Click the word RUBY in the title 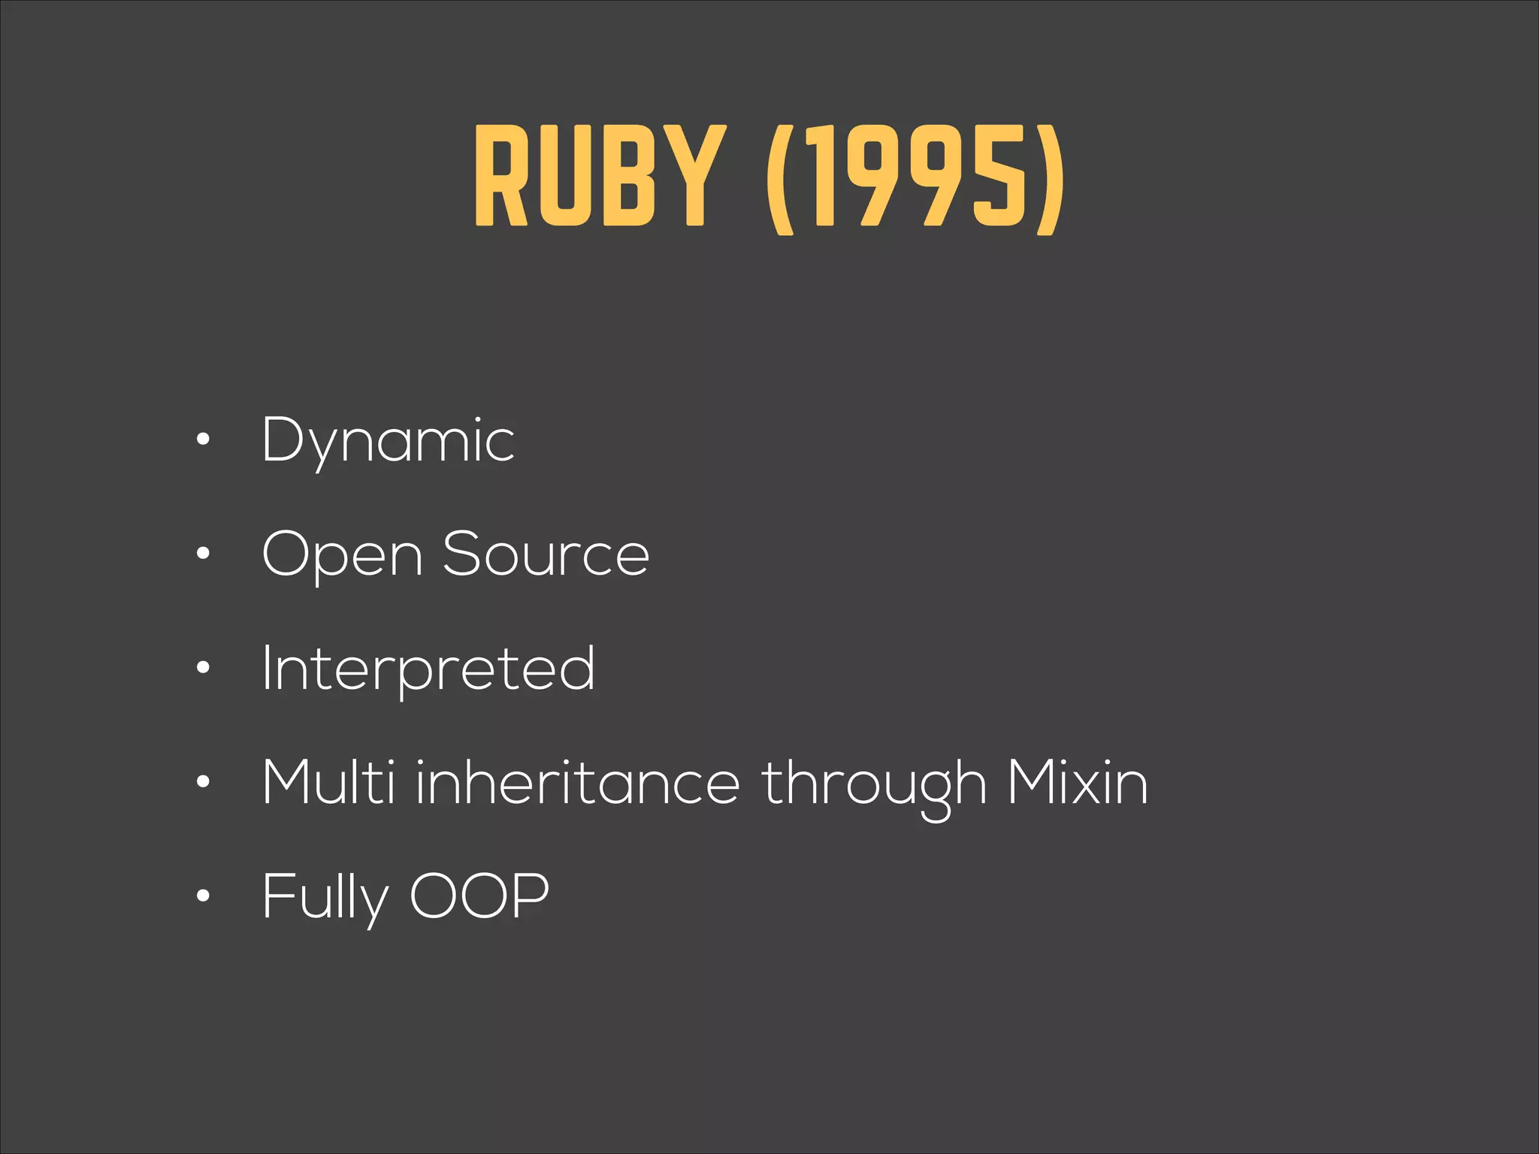[600, 176]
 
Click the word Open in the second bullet [342, 556]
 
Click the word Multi [328, 783]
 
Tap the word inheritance [578, 783]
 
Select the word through [874, 786]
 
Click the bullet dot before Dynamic [202, 440]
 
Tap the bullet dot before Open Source [202, 554]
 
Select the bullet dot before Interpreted [202, 668]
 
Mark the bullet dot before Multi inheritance [202, 782]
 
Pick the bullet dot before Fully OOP [202, 896]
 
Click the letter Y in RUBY [695, 176]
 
